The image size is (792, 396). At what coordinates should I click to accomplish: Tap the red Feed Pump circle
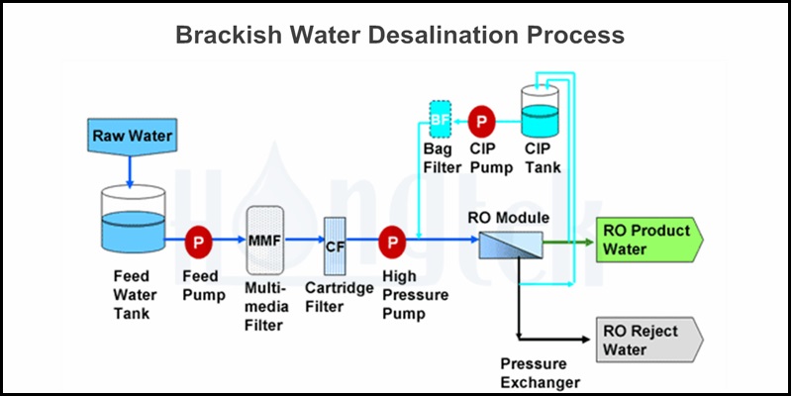tap(197, 241)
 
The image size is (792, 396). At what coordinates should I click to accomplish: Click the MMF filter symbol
tap(264, 241)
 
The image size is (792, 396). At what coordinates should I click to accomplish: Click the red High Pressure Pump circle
tap(392, 241)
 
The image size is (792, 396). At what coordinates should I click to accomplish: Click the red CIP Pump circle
tap(482, 121)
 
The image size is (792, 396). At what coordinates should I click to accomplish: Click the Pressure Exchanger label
tap(540, 373)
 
